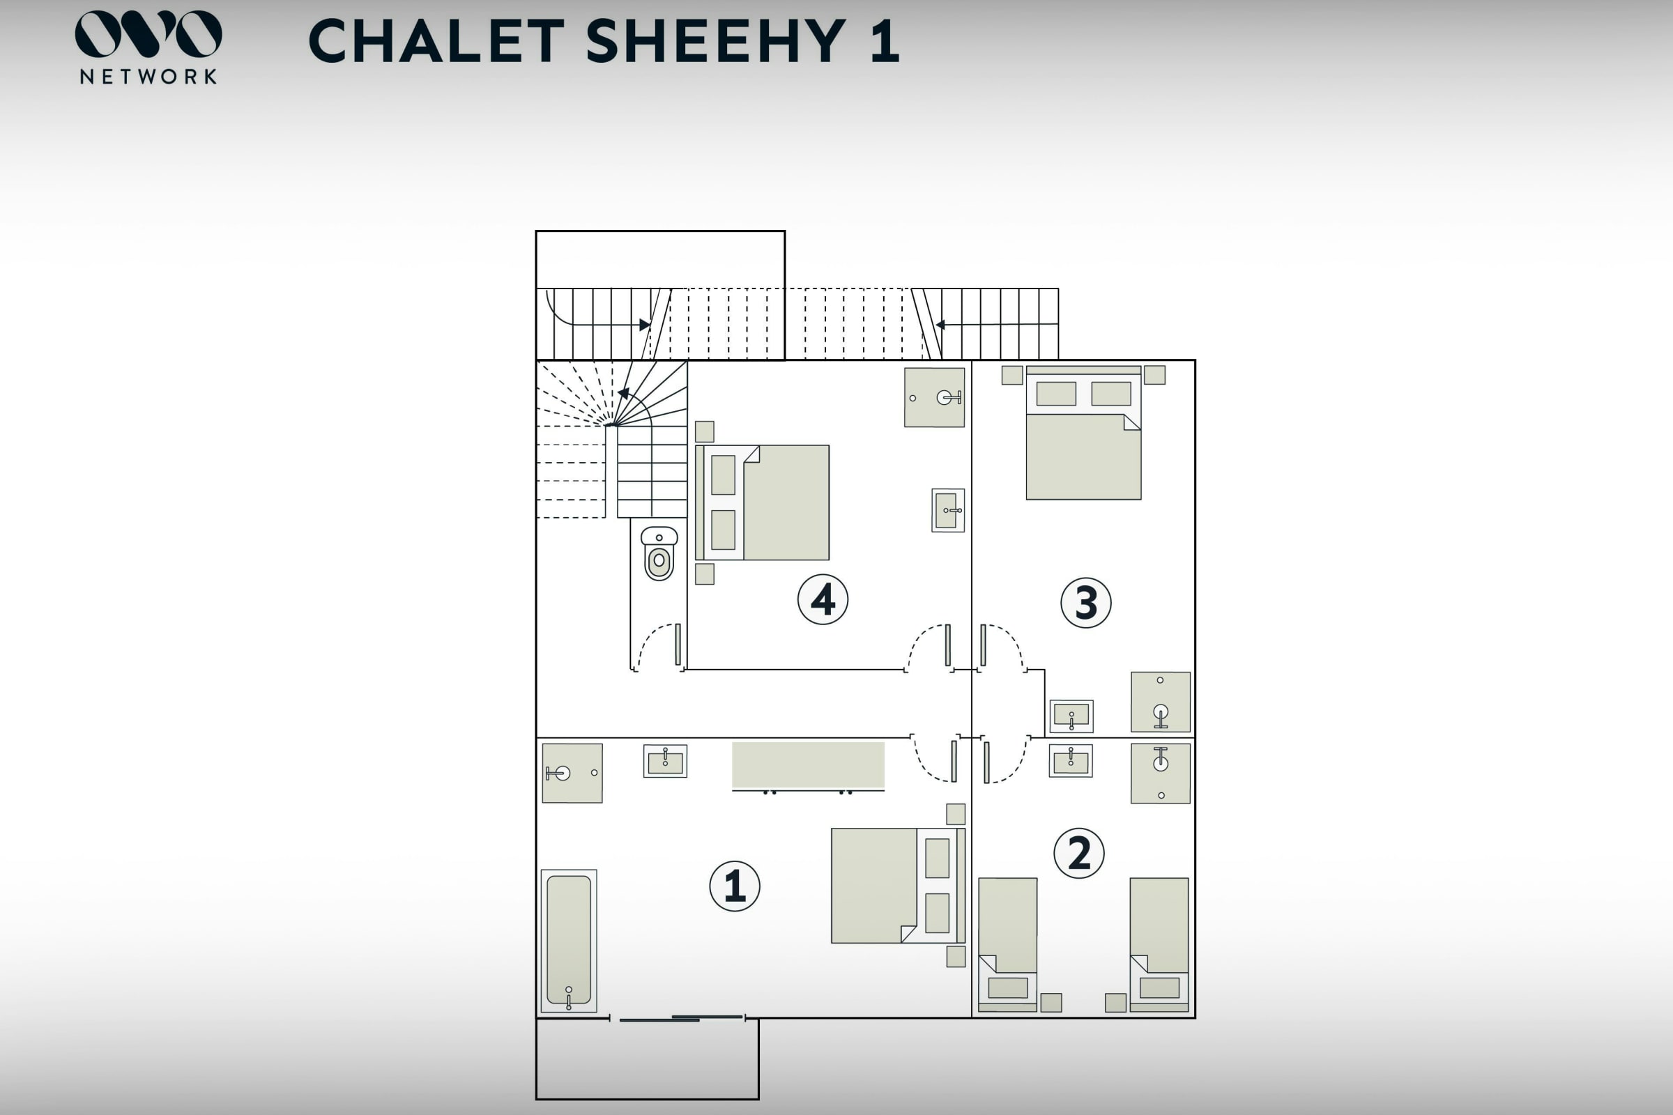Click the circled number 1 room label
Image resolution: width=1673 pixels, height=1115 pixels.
coord(735,886)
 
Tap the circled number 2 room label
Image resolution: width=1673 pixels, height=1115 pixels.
coord(1079,852)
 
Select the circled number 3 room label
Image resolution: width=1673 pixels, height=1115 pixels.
coord(1085,602)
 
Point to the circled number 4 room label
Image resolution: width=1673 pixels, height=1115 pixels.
coord(823,599)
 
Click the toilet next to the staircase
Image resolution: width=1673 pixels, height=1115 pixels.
coord(659,553)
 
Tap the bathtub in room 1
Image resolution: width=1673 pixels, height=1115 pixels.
coord(568,940)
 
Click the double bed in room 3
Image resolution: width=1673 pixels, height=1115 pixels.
coord(1083,432)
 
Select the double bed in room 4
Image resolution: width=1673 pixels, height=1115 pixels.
coord(762,502)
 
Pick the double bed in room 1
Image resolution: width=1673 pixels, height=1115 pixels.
coord(899,885)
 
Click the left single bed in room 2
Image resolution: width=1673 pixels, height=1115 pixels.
coord(1007,944)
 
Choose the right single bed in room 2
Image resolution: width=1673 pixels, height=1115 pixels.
coord(1159,944)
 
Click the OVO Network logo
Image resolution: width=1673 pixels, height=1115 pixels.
coord(148,47)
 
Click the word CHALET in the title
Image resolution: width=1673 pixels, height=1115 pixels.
coord(437,40)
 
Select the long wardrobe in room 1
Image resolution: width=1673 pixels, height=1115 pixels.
coord(808,766)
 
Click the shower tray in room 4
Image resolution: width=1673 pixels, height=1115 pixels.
coord(934,397)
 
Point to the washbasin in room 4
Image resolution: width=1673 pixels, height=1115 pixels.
coord(948,510)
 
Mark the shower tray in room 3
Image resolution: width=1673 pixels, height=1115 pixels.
coord(1160,701)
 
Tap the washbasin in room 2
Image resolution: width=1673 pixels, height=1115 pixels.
coord(1071,761)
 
